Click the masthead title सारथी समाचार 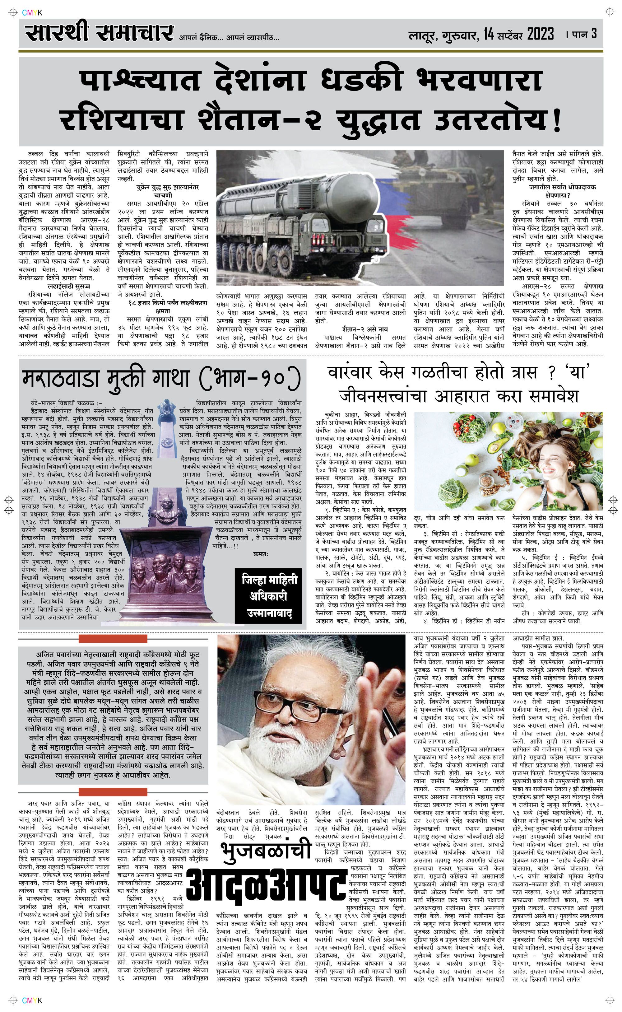(99, 33)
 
